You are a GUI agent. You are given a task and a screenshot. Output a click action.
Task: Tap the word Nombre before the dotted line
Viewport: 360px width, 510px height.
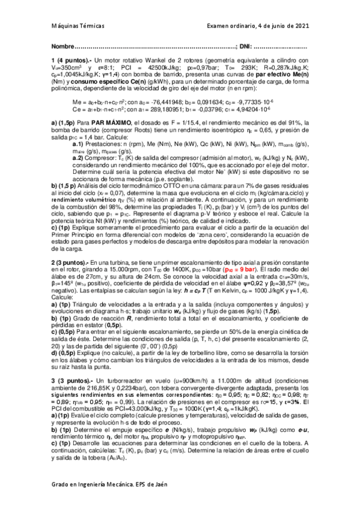click(62, 47)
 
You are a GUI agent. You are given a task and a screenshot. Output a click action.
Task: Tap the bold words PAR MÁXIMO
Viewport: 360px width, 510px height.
click(97, 123)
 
